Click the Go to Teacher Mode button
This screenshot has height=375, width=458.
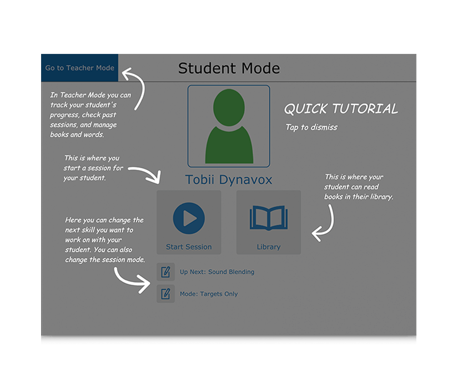[79, 68]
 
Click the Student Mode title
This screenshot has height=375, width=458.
[229, 68]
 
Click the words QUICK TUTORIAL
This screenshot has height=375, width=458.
[341, 109]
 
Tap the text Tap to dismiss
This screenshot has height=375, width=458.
[311, 127]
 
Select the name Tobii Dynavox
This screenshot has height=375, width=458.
[229, 180]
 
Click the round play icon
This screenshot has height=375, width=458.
[189, 218]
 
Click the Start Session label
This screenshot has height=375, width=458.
[189, 247]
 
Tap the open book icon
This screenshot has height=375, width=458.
[269, 218]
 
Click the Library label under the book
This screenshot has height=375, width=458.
[269, 247]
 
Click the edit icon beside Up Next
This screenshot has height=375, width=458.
[165, 272]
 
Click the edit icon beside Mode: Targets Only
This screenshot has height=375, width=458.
[165, 294]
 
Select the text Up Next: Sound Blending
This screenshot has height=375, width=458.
[217, 272]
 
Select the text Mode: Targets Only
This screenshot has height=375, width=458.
[209, 294]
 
